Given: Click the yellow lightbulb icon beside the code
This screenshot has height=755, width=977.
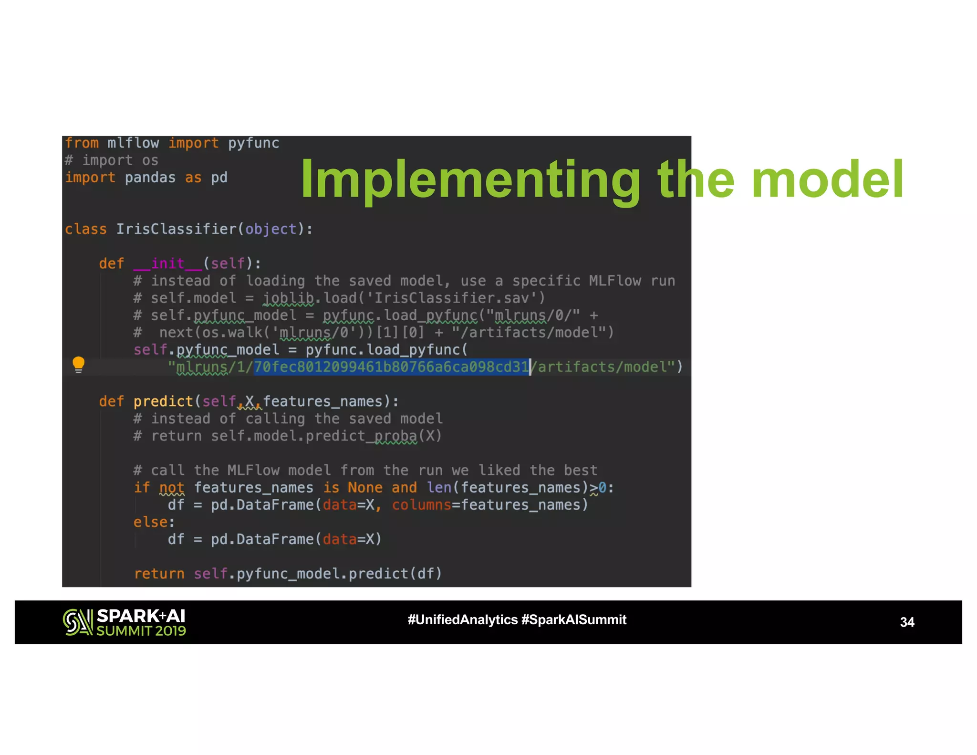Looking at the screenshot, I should pyautogui.click(x=79, y=365).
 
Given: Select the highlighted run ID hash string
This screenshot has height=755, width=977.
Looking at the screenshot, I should pyautogui.click(x=391, y=367).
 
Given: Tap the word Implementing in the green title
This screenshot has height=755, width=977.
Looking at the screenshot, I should pyautogui.click(x=470, y=179).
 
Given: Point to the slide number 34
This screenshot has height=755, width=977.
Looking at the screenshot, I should pyautogui.click(x=907, y=622).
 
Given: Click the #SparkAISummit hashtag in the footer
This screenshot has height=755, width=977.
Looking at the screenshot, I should pyautogui.click(x=574, y=619).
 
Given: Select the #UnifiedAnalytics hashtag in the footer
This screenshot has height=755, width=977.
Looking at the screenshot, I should pyautogui.click(x=462, y=619).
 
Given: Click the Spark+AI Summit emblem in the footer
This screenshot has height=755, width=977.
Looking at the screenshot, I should pyautogui.click(x=77, y=622).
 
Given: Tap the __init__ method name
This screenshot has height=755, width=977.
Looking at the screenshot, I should pyautogui.click(x=168, y=263).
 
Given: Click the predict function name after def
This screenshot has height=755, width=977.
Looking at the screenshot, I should pyautogui.click(x=163, y=401).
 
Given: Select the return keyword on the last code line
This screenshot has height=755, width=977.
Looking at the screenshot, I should pyautogui.click(x=159, y=574).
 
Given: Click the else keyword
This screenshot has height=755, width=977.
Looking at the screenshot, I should pyautogui.click(x=151, y=522).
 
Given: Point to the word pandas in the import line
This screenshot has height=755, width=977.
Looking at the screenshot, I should pyautogui.click(x=150, y=178).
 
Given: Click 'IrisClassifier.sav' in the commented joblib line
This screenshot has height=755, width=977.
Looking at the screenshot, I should pyautogui.click(x=451, y=298).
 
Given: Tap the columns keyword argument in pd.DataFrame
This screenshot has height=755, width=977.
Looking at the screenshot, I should pyautogui.click(x=421, y=505).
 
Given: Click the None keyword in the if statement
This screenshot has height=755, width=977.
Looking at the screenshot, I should pyautogui.click(x=365, y=488).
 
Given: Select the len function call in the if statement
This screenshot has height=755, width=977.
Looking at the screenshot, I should pyautogui.click(x=439, y=488).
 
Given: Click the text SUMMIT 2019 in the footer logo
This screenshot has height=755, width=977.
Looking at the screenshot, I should pyautogui.click(x=141, y=631).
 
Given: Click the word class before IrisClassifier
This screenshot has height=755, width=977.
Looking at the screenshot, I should pyautogui.click(x=86, y=229).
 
